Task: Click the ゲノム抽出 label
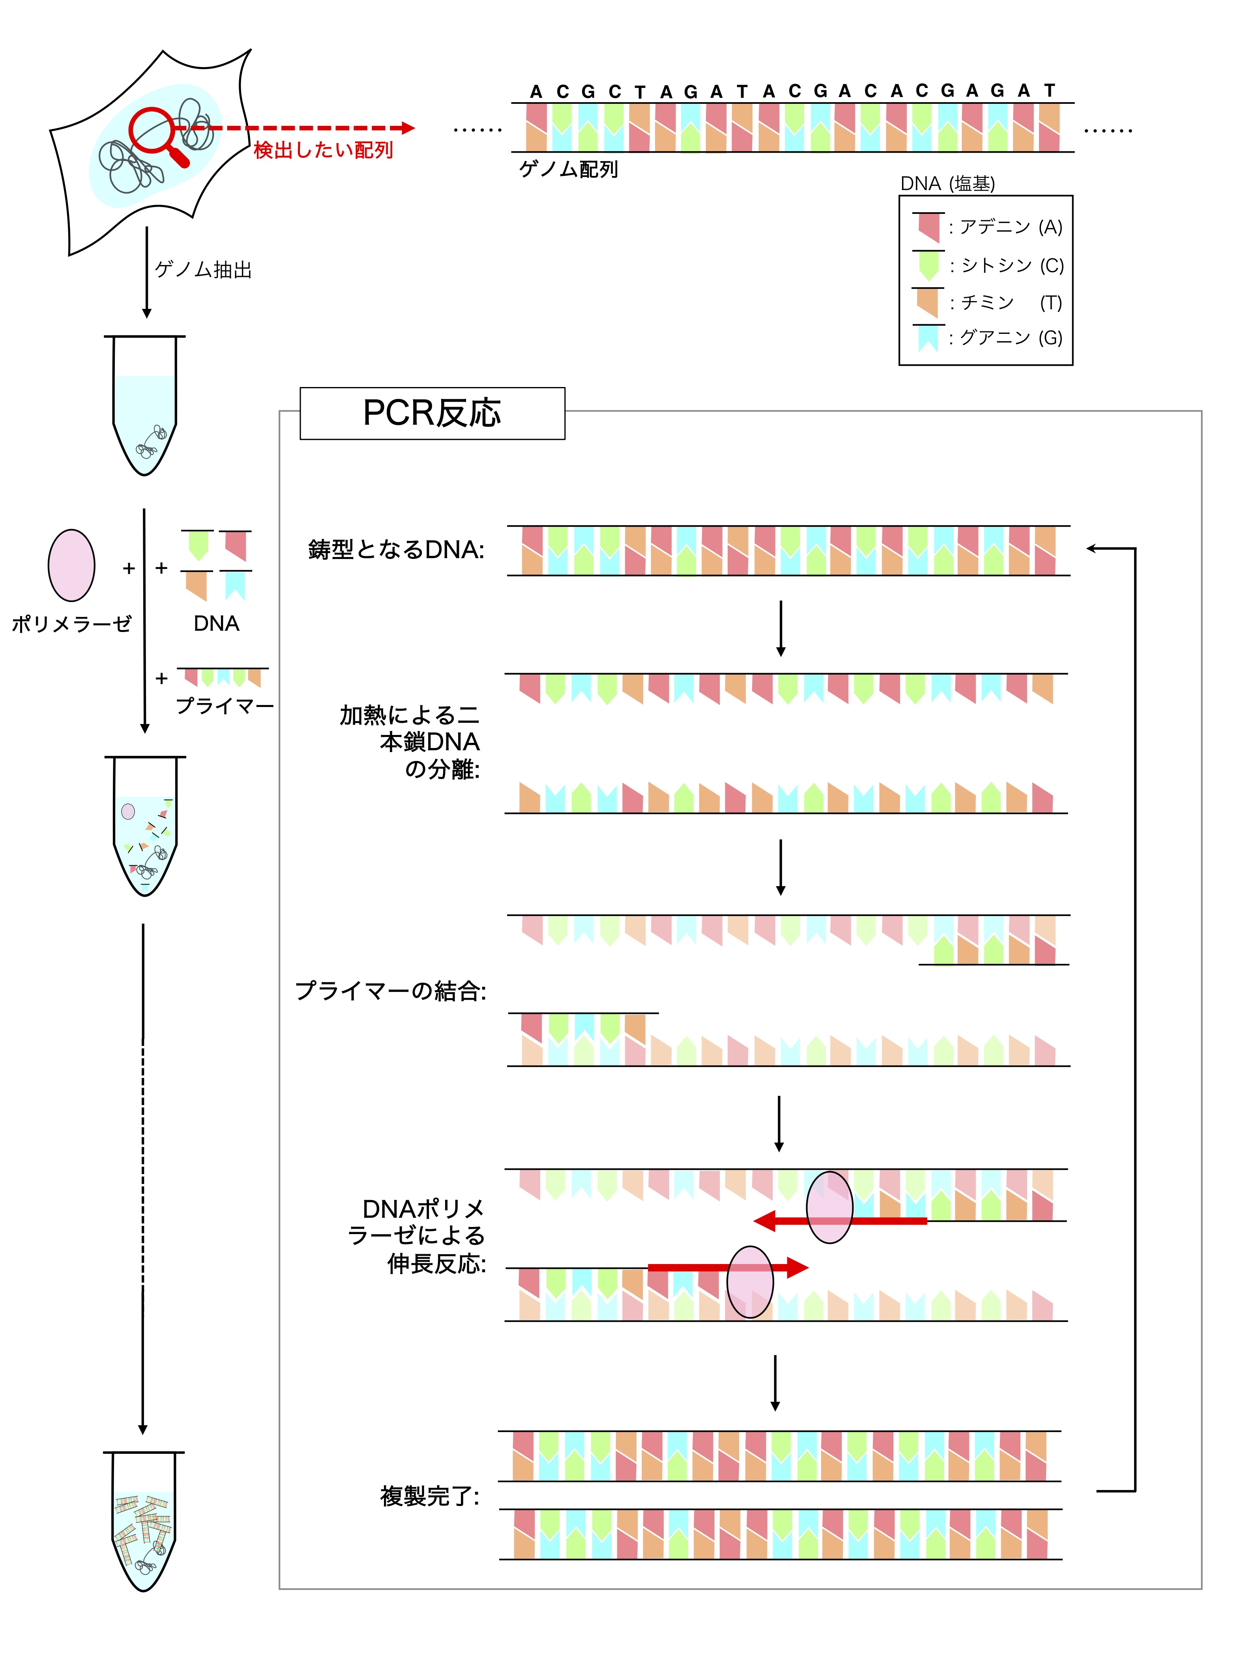tap(203, 270)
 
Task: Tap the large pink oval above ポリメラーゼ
tap(71, 566)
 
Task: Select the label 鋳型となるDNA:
tap(396, 550)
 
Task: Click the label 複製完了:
tap(429, 1496)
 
